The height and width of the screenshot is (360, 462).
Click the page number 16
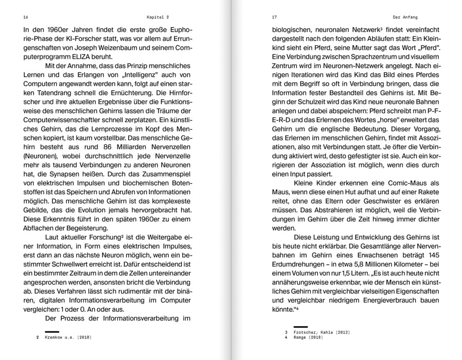click(26, 17)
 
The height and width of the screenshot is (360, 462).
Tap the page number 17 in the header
click(275, 17)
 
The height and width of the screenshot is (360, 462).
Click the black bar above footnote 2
click(52, 332)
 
